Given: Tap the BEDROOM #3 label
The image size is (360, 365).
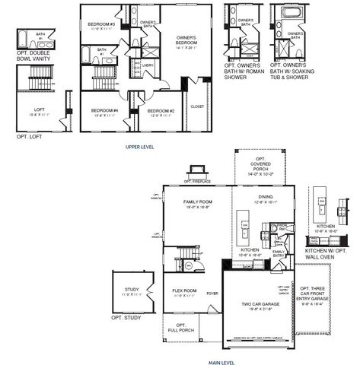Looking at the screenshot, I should pyautogui.click(x=101, y=24).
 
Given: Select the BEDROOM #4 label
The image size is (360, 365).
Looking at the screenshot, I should pyautogui.click(x=104, y=110).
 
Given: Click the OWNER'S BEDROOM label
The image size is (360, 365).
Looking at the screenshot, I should pyautogui.click(x=186, y=40).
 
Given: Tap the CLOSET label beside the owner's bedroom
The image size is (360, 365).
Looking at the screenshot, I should pyautogui.click(x=197, y=106).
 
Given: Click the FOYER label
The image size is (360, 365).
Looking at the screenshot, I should pyautogui.click(x=212, y=290).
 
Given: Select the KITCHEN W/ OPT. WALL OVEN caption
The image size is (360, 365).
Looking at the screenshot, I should pyautogui.click(x=325, y=253).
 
